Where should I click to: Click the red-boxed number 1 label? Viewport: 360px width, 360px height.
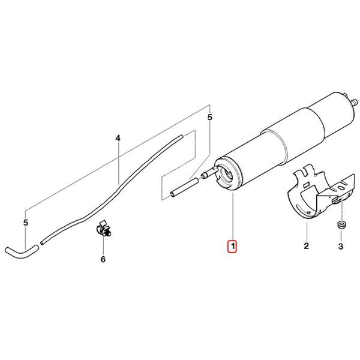click(x=232, y=246)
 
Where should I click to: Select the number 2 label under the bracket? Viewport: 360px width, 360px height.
click(x=306, y=246)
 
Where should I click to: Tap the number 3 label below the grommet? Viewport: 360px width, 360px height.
click(x=340, y=246)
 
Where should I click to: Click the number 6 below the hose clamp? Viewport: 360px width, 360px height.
click(x=103, y=259)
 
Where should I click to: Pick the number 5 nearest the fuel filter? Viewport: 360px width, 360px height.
click(x=209, y=118)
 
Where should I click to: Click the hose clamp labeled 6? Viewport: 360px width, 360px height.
click(x=103, y=230)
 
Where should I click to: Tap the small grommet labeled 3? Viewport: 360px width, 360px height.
click(x=340, y=225)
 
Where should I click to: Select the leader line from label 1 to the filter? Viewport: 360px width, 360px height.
click(x=232, y=216)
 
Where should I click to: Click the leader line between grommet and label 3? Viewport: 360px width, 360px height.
click(x=340, y=235)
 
